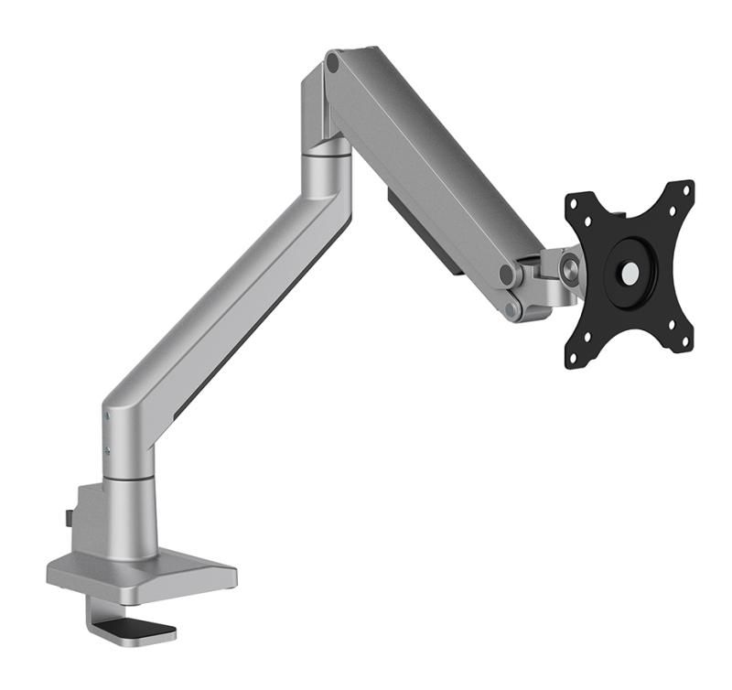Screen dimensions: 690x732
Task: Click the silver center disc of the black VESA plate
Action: click(x=630, y=272)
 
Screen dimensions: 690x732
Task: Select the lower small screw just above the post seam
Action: click(x=108, y=448)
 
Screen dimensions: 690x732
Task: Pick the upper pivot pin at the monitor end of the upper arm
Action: click(x=506, y=275)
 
